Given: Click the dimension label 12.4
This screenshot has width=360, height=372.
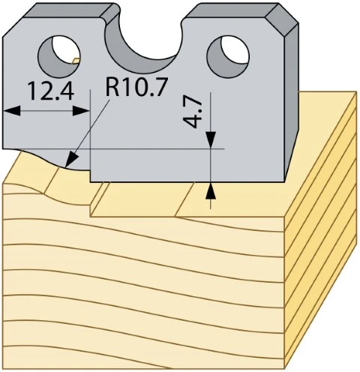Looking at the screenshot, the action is tap(51, 91).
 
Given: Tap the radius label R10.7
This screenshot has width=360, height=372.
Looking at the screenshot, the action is tap(136, 86).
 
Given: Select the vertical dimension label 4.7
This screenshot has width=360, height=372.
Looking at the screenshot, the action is tap(193, 112).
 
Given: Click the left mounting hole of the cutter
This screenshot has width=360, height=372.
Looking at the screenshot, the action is tap(59, 56).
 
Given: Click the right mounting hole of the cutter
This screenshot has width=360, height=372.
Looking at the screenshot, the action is tap(228, 56).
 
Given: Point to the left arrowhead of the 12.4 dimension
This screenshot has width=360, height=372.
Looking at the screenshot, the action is tap(11, 111).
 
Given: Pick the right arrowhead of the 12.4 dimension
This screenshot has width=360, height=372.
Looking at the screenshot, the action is tap(81, 111).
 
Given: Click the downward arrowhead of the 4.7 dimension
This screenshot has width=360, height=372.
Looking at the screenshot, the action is tap(211, 139).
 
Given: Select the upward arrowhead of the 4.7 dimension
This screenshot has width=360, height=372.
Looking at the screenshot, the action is tap(211, 191).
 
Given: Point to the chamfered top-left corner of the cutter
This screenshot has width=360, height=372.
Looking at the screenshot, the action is tap(13, 28).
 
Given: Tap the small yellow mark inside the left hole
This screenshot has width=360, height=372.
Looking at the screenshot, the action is tap(76, 60).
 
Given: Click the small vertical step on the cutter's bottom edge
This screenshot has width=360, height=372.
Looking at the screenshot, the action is tap(90, 176).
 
